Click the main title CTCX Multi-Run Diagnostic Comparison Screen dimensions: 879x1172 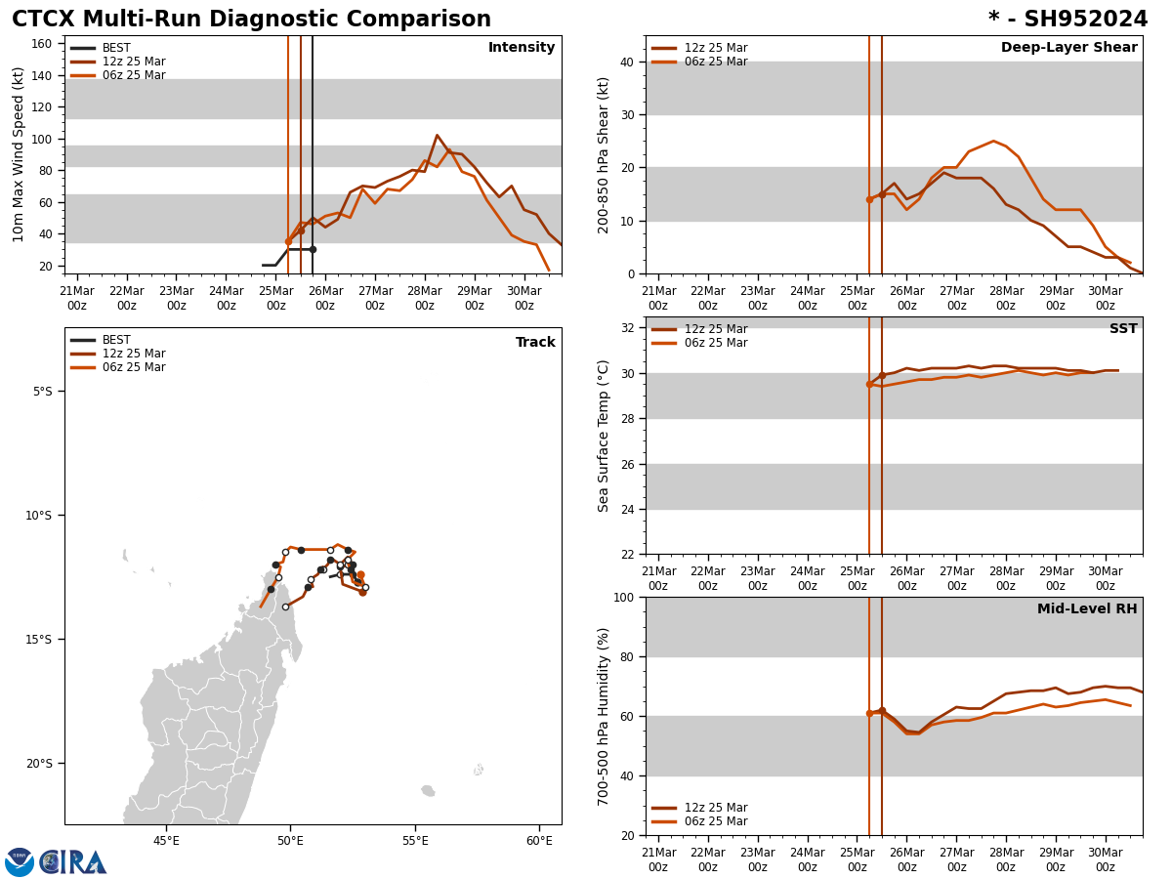[251, 20]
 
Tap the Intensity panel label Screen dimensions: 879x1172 [522, 48]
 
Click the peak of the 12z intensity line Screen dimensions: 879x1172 [437, 136]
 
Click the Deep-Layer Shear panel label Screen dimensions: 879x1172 [1068, 48]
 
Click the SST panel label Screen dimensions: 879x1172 [1123, 329]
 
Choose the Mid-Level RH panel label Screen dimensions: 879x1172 [1087, 609]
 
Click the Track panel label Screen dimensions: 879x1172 [535, 343]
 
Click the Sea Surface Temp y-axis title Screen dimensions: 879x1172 [605, 436]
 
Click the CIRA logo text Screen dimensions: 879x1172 [74, 861]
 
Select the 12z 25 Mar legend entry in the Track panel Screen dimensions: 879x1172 [134, 354]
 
